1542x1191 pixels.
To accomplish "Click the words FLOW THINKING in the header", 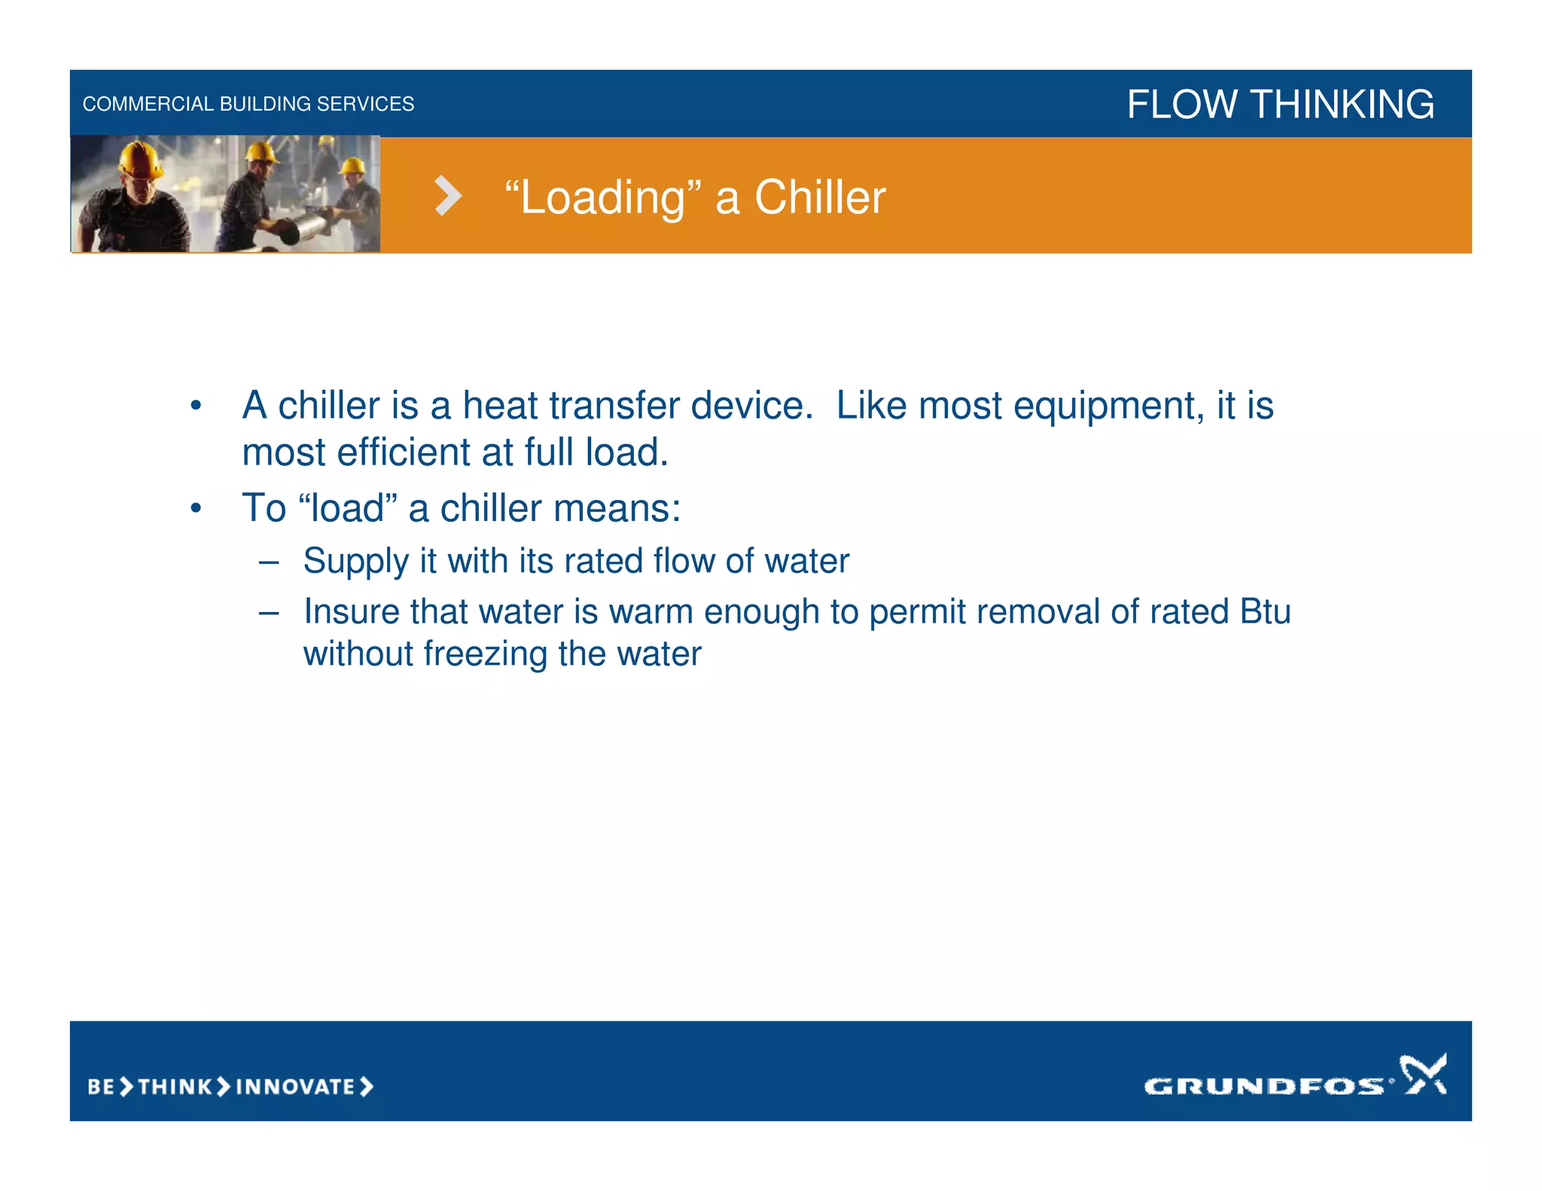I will pyautogui.click(x=1280, y=104).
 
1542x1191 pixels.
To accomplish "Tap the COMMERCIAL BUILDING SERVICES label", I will pyautogui.click(x=248, y=104).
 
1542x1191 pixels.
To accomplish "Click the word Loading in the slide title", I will pyautogui.click(x=603, y=198).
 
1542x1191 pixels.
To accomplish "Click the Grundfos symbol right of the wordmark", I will pyautogui.click(x=1422, y=1074).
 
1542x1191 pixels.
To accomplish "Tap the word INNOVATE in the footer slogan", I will pyautogui.click(x=295, y=1086).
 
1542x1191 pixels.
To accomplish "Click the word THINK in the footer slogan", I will pyautogui.click(x=175, y=1086).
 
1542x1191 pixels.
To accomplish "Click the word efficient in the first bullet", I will pyautogui.click(x=404, y=453).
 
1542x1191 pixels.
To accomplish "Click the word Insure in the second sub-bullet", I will pyautogui.click(x=351, y=611).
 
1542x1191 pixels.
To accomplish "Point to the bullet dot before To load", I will pyautogui.click(x=196, y=509).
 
